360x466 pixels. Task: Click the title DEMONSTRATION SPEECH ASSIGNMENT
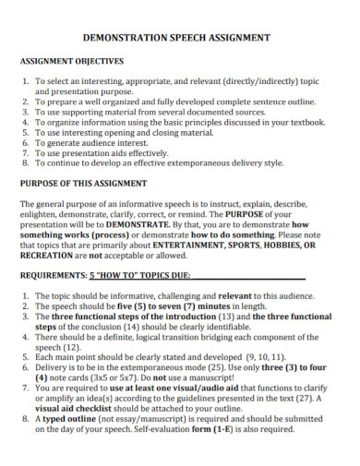pos(177,39)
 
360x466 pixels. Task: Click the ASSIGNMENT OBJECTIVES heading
pos(73,61)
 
